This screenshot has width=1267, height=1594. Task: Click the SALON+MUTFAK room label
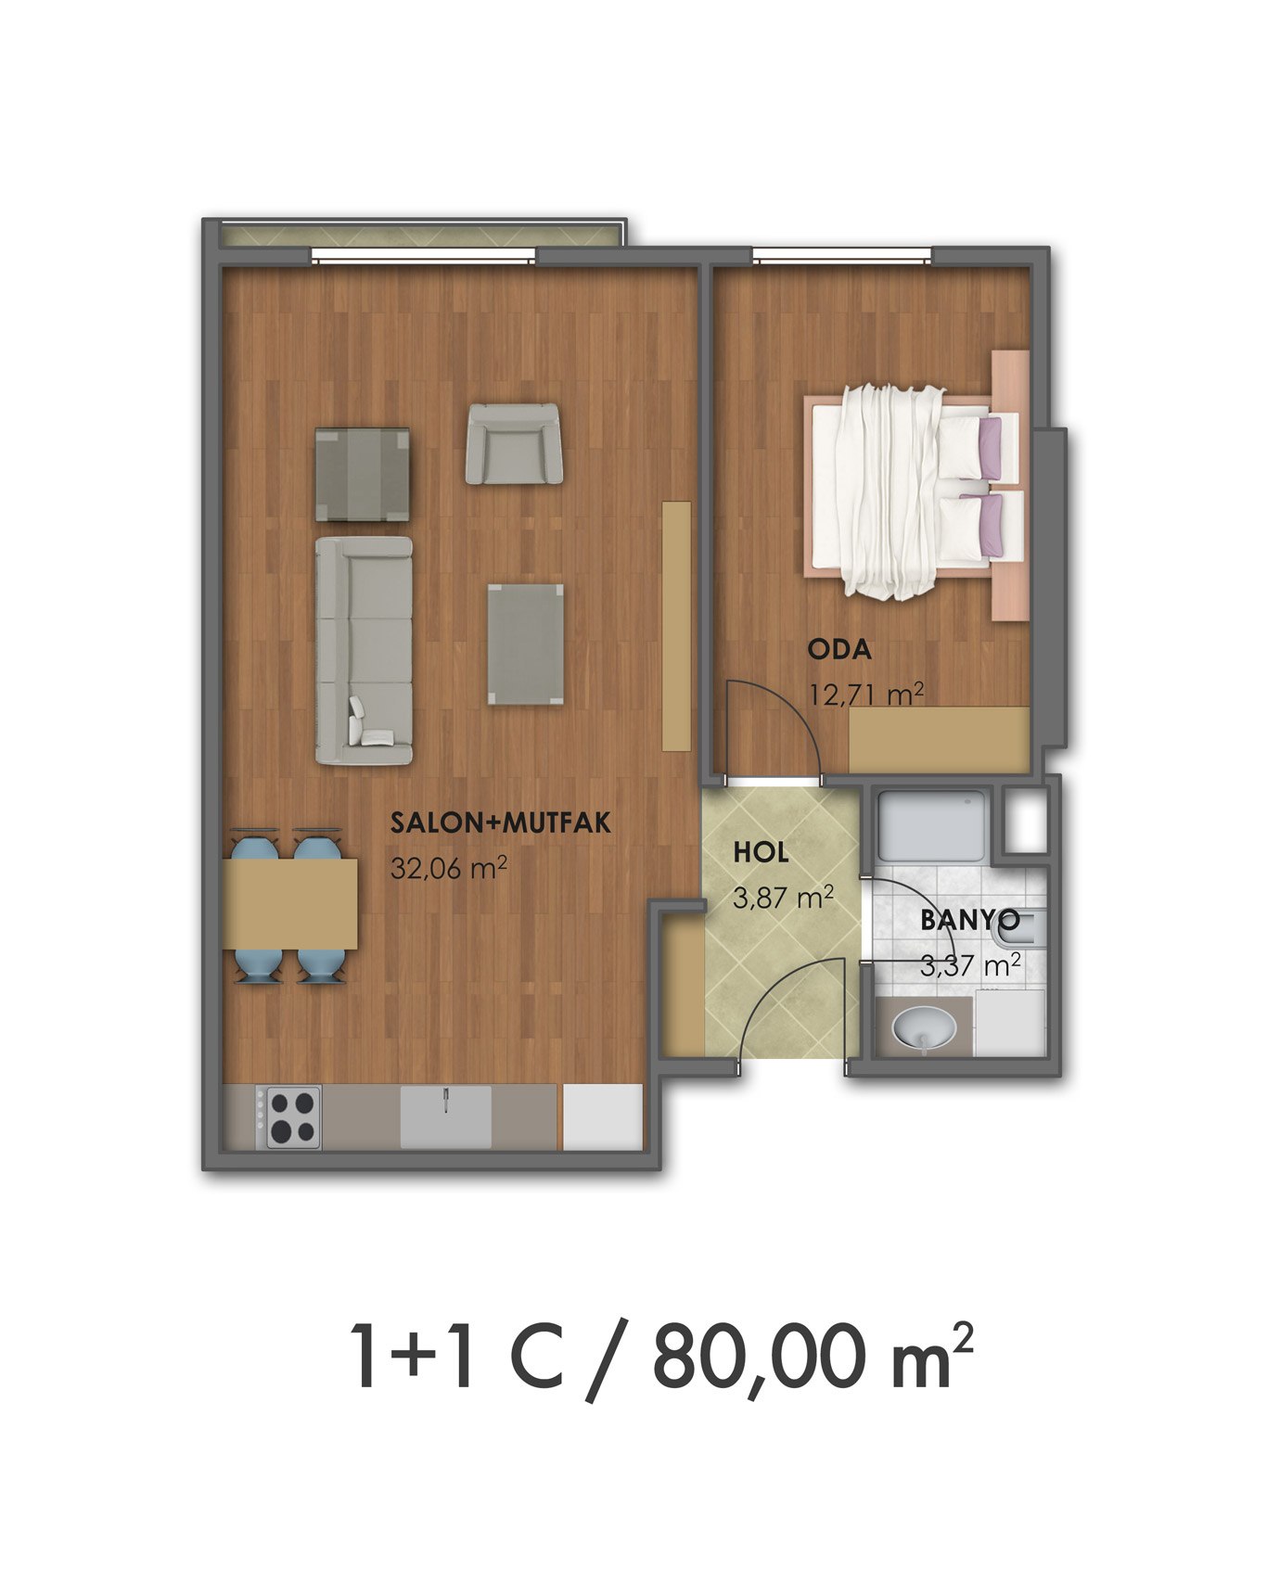tap(500, 823)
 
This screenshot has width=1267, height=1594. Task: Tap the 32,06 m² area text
tap(448, 869)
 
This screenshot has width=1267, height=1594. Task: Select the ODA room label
tap(839, 650)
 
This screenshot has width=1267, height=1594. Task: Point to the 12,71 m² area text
tap(866, 694)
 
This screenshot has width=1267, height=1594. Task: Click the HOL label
tap(761, 852)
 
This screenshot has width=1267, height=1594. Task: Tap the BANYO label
tap(969, 921)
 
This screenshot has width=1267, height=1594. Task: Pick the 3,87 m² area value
tap(783, 897)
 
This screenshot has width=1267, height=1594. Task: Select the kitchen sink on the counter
tap(445, 1116)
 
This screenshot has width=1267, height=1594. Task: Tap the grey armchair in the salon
tap(515, 443)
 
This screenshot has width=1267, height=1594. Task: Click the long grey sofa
tap(364, 651)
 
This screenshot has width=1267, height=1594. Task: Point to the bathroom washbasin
tap(924, 1027)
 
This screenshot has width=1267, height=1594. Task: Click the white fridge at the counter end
tap(603, 1116)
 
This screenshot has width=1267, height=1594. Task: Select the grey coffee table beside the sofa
tap(525, 644)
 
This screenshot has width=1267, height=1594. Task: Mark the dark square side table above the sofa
tap(362, 474)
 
